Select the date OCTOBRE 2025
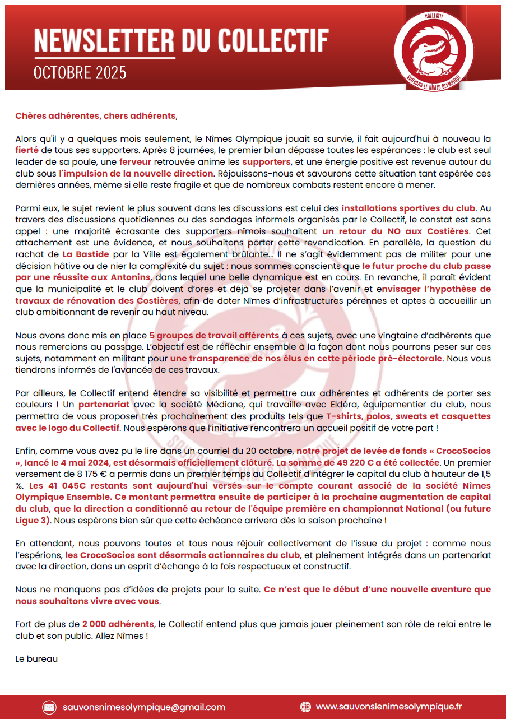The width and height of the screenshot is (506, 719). click(x=80, y=73)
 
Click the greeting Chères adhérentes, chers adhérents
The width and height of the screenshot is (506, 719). click(x=95, y=116)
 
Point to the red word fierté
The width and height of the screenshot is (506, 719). click(x=27, y=150)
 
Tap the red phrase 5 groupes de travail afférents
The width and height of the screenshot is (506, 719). click(x=214, y=336)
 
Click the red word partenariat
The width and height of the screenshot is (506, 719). click(x=104, y=404)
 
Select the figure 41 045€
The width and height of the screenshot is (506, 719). click(x=52, y=486)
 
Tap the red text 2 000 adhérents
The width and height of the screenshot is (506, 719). click(x=118, y=624)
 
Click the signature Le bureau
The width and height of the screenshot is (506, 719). click(x=36, y=659)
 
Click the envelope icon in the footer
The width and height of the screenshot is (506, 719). click(x=49, y=707)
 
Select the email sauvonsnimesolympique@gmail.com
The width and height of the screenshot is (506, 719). click(x=144, y=707)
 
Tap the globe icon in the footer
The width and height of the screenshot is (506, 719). click(x=305, y=707)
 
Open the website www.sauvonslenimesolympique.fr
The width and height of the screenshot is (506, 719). click(x=389, y=707)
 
